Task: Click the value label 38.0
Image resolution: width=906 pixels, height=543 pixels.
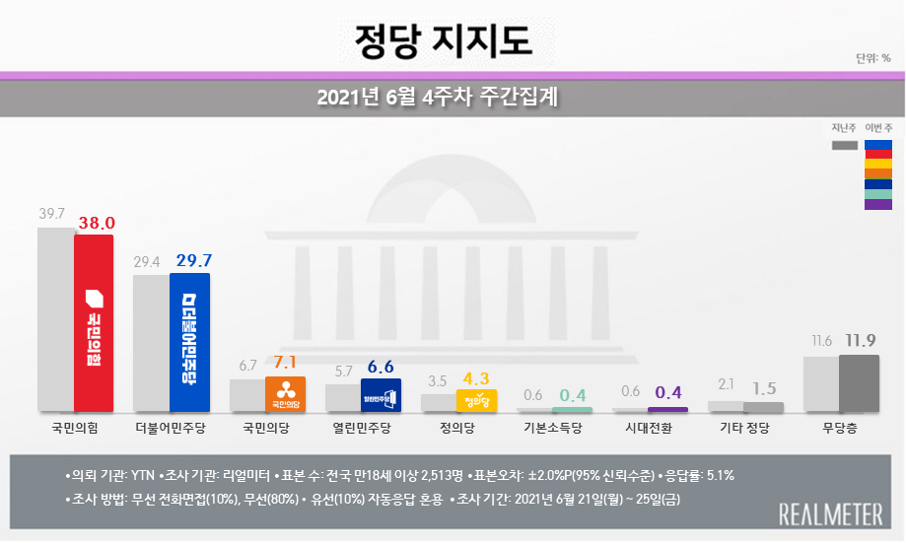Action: [97, 223]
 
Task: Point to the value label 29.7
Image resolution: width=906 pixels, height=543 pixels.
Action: [193, 260]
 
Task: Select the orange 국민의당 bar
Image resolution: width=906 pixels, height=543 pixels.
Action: [285, 393]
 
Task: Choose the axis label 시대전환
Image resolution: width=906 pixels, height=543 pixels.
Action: [650, 429]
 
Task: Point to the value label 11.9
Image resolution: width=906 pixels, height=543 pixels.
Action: [861, 341]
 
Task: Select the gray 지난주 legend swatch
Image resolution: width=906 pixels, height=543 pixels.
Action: [844, 145]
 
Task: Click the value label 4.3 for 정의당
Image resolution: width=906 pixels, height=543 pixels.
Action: [477, 377]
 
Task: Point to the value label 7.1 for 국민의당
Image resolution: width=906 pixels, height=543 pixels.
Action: [286, 364]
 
